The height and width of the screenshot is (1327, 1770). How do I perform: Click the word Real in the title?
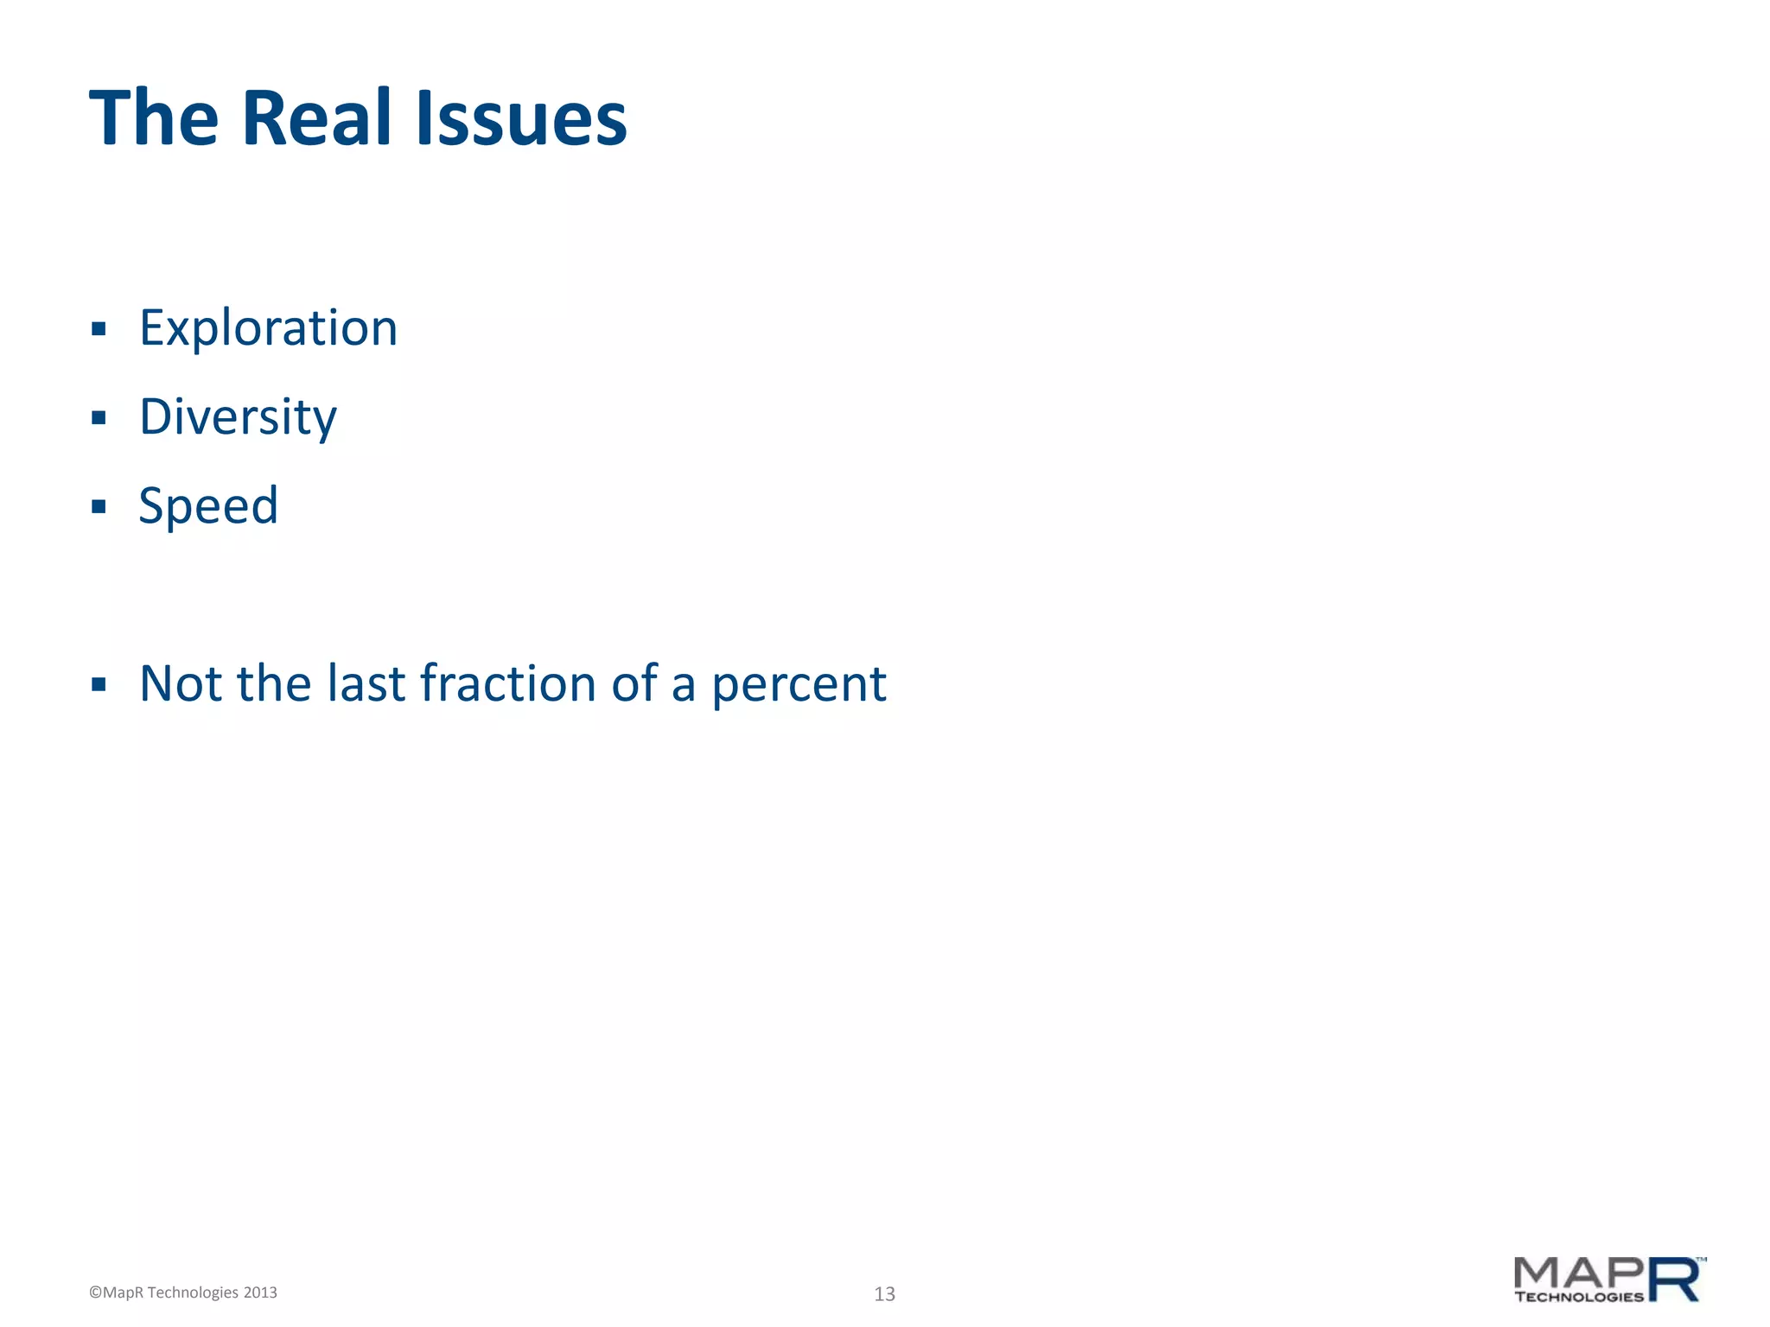click(x=317, y=118)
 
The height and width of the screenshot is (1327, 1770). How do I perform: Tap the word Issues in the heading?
click(x=521, y=118)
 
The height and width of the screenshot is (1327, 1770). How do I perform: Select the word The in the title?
click(x=154, y=118)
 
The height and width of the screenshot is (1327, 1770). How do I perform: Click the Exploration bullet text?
click(x=268, y=328)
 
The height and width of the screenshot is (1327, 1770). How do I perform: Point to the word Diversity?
click(x=238, y=417)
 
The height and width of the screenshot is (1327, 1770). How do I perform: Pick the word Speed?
click(x=208, y=505)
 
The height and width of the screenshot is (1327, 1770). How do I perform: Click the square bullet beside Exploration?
click(x=99, y=329)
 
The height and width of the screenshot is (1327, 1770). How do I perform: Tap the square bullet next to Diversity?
click(x=99, y=418)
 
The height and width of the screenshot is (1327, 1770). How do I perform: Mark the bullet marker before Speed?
click(x=99, y=506)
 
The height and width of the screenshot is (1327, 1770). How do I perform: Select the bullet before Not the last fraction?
click(x=99, y=685)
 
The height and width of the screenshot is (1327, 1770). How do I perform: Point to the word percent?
click(x=799, y=685)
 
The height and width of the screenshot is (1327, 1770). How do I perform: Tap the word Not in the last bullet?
click(x=181, y=683)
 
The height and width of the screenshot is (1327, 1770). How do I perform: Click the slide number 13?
click(x=884, y=1293)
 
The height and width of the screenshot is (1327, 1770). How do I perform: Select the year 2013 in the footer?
click(x=260, y=1292)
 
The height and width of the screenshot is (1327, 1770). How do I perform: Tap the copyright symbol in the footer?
click(x=95, y=1292)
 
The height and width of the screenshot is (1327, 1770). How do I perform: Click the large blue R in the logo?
click(x=1675, y=1279)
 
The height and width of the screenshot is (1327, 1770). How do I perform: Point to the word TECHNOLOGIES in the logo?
click(x=1578, y=1297)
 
